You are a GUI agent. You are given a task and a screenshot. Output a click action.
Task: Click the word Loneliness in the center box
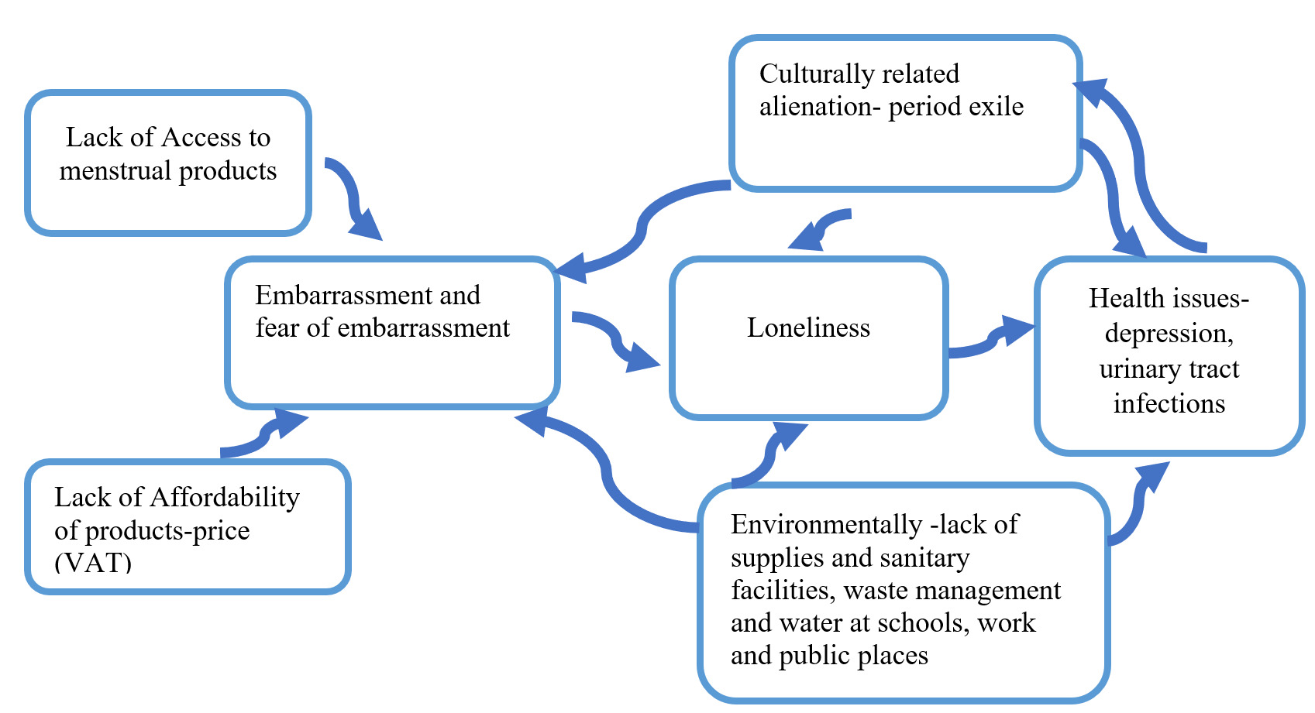808,327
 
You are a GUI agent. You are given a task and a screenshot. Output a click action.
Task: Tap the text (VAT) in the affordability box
93,563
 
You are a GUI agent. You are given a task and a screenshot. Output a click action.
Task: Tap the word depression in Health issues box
1169,334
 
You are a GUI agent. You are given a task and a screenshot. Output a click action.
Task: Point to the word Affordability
225,498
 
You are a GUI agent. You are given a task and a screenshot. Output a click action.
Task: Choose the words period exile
955,107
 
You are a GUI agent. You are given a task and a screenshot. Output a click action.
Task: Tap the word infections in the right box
1169,404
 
